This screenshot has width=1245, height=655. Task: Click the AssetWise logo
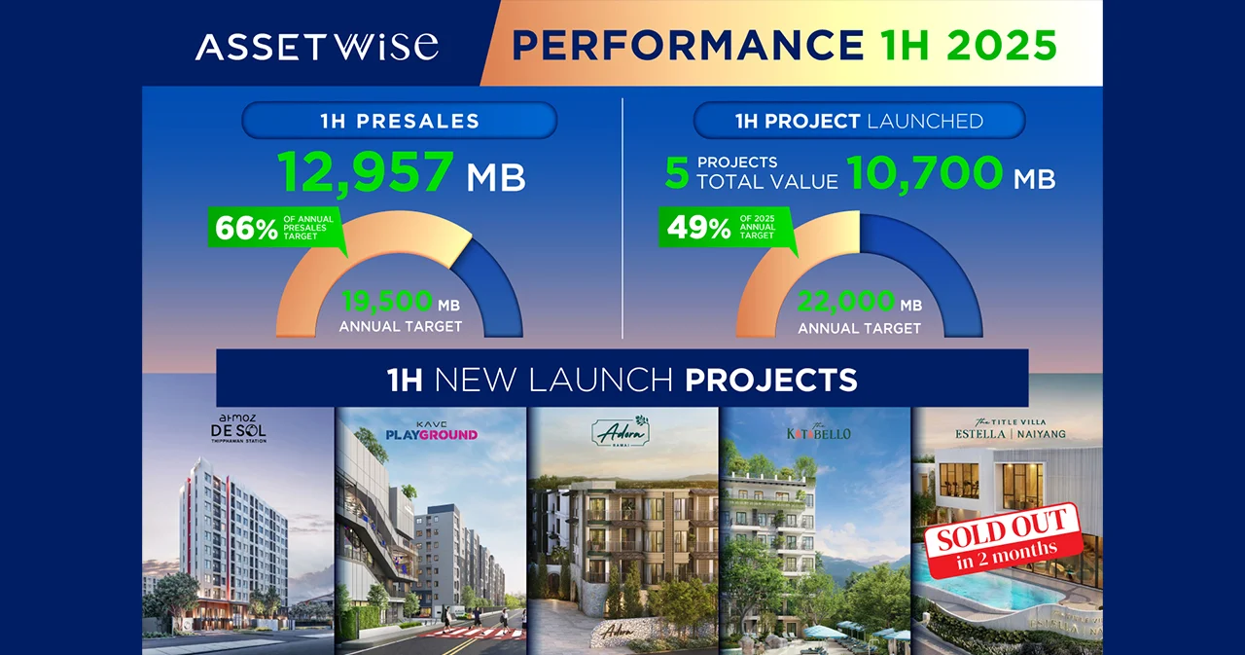pyautogui.click(x=316, y=46)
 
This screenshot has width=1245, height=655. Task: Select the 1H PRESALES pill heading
pyautogui.click(x=399, y=122)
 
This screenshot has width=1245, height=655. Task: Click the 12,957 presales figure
pyautogui.click(x=367, y=172)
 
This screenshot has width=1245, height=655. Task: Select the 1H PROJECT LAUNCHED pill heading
pyautogui.click(x=859, y=122)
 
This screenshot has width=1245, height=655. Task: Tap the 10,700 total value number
pyautogui.click(x=924, y=172)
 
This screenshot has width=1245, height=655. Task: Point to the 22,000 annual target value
pyautogui.click(x=845, y=304)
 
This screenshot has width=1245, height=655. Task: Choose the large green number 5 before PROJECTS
pyautogui.click(x=677, y=174)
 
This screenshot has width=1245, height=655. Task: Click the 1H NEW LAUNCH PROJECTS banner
pyautogui.click(x=622, y=379)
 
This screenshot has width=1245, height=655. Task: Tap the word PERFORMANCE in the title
pyautogui.click(x=688, y=46)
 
